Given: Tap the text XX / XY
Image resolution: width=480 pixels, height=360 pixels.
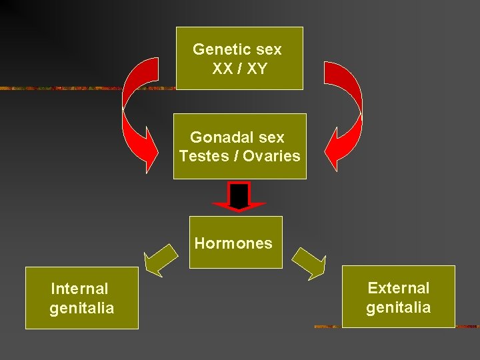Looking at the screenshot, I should click(239, 69).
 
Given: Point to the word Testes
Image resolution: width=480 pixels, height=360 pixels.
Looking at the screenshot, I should click(199, 157).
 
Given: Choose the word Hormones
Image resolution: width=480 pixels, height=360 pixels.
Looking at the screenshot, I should click(233, 243).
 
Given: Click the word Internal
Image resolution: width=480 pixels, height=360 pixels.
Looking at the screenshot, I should click(79, 289).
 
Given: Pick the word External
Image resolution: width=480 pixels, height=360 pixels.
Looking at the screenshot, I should click(399, 288).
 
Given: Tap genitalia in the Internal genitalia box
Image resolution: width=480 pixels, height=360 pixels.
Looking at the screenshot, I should click(82, 308).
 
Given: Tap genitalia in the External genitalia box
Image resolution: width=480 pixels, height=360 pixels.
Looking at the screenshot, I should click(399, 307).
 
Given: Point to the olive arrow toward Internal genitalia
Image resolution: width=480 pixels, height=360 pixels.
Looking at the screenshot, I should click(161, 261).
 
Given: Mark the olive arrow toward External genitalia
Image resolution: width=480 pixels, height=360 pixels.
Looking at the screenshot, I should click(309, 263).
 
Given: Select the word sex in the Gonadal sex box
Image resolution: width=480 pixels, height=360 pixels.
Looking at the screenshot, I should click(271, 137).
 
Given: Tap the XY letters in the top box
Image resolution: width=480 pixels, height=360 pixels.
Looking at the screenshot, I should click(255, 69).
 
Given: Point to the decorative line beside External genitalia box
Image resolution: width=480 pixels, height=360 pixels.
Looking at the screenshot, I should click(327, 327).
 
